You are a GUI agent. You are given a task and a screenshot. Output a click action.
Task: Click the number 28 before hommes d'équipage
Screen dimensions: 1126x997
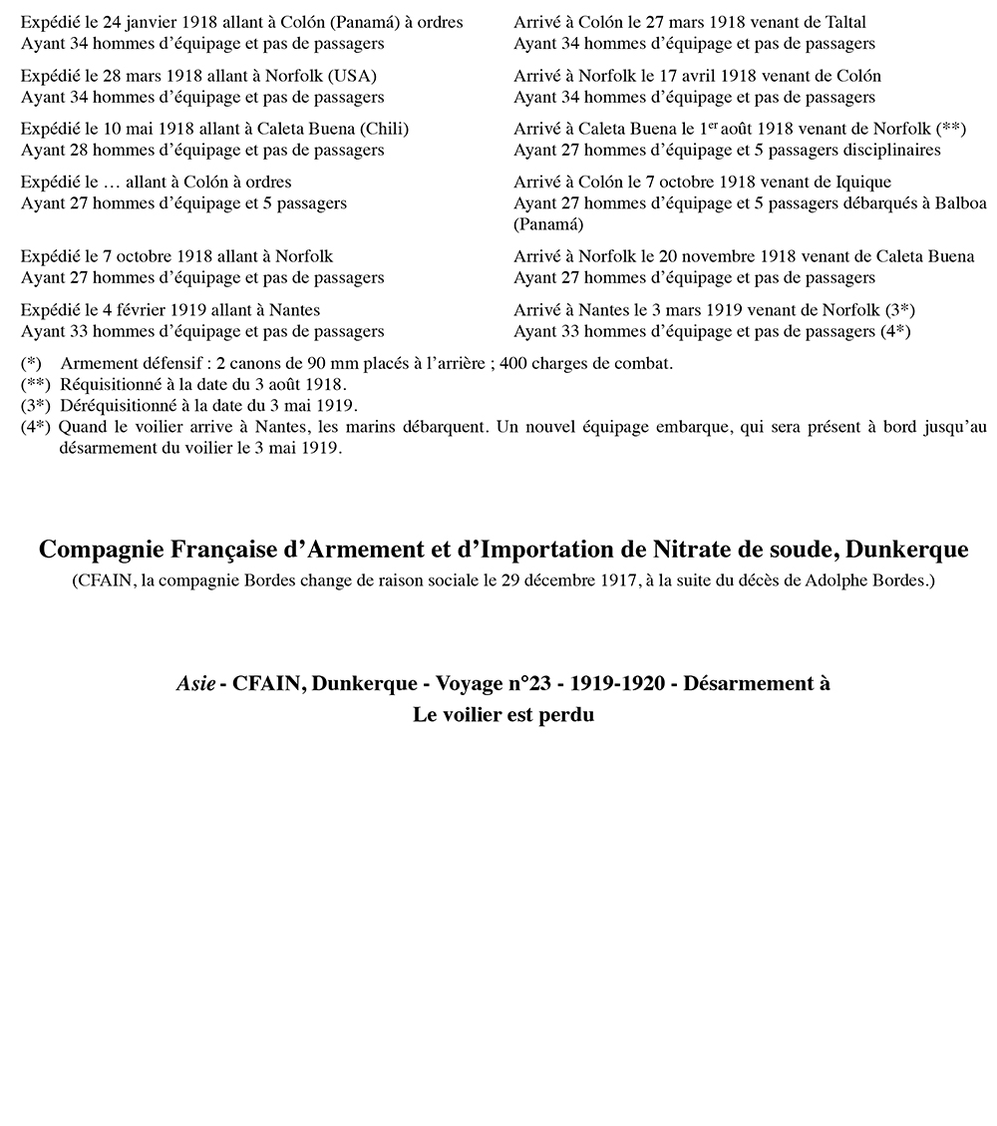click(73, 150)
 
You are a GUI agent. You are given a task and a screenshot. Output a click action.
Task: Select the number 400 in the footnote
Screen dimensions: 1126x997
click(514, 363)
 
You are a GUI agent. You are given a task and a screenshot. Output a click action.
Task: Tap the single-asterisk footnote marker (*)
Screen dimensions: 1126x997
click(31, 363)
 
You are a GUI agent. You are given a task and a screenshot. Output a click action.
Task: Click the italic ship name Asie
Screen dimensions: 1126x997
click(195, 683)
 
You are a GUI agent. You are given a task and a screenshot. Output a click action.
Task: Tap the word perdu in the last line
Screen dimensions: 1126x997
click(566, 714)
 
